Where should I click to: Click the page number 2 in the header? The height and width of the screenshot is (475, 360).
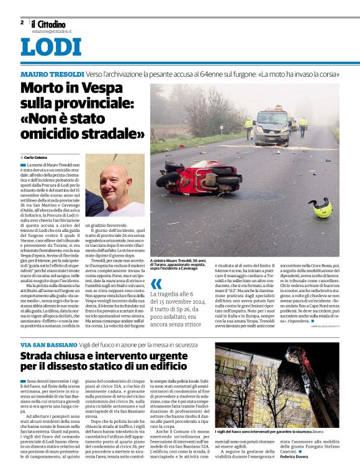coord(22,22)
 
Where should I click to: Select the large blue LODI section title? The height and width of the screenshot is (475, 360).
coord(50,48)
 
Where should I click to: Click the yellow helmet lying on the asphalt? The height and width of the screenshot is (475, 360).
coord(321,207)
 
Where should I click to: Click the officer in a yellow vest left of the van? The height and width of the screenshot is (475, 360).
coord(248,128)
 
